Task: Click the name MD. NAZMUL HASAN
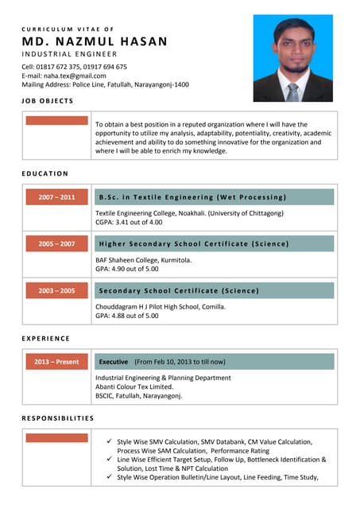coord(95,41)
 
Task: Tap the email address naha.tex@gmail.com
coord(64,76)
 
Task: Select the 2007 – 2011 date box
coord(56,196)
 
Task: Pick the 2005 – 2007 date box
coord(56,243)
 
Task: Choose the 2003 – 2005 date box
coord(56,291)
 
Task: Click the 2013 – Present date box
coord(56,362)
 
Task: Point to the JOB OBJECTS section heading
coord(48,101)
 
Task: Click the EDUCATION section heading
coord(45,173)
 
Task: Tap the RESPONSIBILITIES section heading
coord(58,418)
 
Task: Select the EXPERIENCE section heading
coord(46,339)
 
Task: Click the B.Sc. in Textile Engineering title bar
coord(213,196)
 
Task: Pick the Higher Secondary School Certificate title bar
coord(213,243)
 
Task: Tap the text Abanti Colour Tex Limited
coord(134,387)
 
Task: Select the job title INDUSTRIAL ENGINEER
coord(69,54)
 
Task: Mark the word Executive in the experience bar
coord(114,362)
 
